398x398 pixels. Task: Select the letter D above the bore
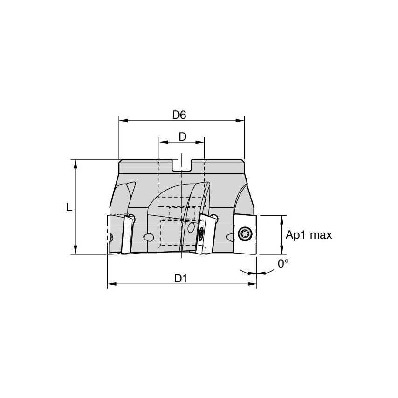[x=183, y=137]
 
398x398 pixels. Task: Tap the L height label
[x=69, y=207]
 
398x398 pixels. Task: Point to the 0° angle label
[x=283, y=264]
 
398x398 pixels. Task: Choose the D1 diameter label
[x=181, y=278]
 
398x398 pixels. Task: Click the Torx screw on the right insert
[x=245, y=234]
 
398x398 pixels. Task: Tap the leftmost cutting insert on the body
[x=125, y=233]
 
